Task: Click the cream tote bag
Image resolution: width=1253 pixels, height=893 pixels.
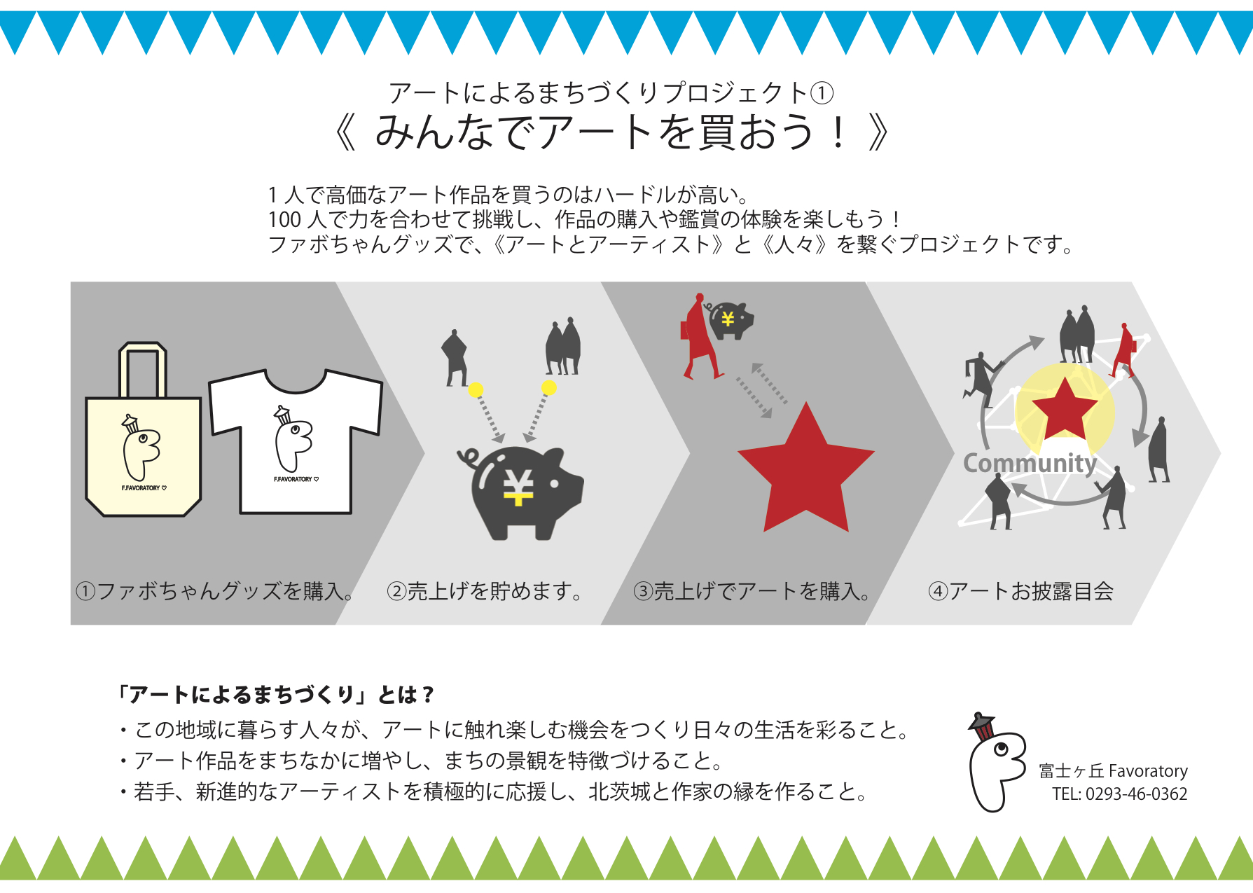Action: [x=143, y=455]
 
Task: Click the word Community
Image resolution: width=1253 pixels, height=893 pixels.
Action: [x=1030, y=463]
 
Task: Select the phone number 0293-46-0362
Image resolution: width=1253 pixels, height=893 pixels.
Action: [x=1136, y=794]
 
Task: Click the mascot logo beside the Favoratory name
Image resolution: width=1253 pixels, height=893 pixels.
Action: [x=995, y=763]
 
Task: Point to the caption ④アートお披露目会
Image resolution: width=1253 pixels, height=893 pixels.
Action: [x=1020, y=591]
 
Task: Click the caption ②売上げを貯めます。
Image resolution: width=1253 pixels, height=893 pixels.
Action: [x=484, y=591]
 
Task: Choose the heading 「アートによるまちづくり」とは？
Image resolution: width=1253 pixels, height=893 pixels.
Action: [x=277, y=695]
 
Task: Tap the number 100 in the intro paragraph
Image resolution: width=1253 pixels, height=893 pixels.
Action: [x=284, y=220]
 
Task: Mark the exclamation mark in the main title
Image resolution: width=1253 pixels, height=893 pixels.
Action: [x=838, y=132]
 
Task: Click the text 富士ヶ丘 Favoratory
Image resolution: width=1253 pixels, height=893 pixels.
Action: [x=1113, y=771]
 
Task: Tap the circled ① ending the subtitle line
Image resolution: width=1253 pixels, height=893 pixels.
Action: [x=822, y=93]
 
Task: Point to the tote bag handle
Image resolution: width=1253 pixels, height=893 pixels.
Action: [x=142, y=368]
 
